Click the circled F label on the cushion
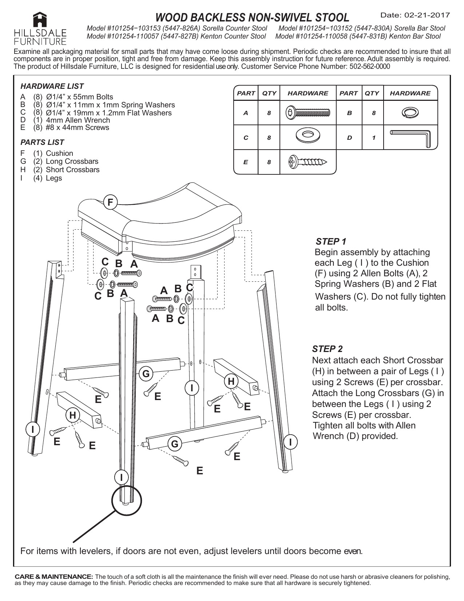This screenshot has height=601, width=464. (x=110, y=202)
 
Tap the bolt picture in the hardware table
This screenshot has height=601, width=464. (x=308, y=113)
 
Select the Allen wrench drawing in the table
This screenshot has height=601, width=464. (x=410, y=138)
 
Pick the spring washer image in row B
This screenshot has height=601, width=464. (x=410, y=113)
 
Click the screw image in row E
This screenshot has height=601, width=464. (x=308, y=162)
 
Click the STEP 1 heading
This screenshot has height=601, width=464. (x=331, y=241)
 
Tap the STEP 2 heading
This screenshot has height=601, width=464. (x=328, y=349)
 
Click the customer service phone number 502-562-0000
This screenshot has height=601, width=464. (x=369, y=66)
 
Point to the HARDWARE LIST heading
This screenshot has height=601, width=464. (x=52, y=86)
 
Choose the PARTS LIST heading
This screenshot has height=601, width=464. (x=42, y=142)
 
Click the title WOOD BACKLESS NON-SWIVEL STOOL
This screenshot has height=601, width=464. (x=252, y=17)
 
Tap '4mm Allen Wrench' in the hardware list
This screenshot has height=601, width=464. (x=78, y=120)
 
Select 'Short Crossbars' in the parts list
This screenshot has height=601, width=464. (x=72, y=170)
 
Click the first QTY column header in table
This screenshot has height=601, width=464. (x=269, y=93)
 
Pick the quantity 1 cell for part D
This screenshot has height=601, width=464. (x=372, y=138)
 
